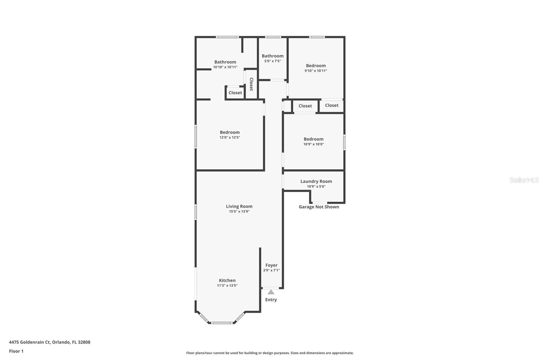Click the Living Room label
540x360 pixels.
239,206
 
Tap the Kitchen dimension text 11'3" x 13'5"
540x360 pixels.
227,285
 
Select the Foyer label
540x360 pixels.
271,265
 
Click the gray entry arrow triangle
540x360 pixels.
271,292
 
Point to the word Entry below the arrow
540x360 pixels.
271,300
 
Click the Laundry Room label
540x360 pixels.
316,181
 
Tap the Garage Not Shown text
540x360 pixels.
319,207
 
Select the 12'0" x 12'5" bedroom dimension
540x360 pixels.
230,137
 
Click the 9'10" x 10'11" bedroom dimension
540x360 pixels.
316,71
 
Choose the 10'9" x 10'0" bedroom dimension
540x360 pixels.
314,144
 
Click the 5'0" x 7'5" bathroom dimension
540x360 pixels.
273,61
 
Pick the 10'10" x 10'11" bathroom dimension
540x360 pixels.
225,67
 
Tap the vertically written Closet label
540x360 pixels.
251,84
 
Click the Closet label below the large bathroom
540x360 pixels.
235,93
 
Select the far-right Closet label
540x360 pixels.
332,105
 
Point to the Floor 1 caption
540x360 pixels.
16,351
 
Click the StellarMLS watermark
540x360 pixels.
524,180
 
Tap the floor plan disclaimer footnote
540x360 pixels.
270,353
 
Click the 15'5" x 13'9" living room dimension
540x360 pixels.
239,212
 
